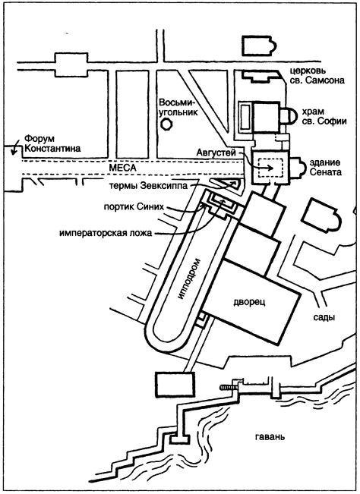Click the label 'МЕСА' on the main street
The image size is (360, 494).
(122, 168)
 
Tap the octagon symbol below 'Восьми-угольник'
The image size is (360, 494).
(166, 124)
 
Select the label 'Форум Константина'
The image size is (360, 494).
(52, 143)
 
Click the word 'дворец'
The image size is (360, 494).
(249, 302)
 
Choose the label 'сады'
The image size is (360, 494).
(324, 317)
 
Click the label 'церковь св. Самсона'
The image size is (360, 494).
(317, 75)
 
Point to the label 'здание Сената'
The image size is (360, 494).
(325, 168)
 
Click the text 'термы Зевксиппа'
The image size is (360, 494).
(148, 186)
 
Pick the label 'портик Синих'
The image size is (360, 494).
(134, 207)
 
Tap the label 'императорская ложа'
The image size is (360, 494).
(106, 234)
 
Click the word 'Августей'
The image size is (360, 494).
(216, 153)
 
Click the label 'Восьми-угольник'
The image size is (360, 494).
(178, 107)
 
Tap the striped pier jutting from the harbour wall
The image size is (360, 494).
(226, 387)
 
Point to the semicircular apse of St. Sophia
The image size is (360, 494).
(291, 115)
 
